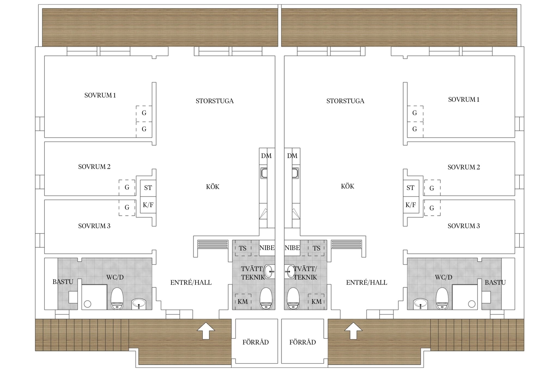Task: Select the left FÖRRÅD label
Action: coord(256,342)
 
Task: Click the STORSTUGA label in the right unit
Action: coord(345,101)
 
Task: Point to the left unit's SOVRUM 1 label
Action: coord(100,95)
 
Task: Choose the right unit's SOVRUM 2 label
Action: coord(464,167)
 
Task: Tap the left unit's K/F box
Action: coord(148,205)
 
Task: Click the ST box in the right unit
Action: coord(411,188)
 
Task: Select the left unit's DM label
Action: coord(266,156)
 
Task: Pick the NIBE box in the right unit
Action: coord(292,248)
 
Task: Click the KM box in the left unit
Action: coord(243,302)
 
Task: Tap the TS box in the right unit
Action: coord(316,248)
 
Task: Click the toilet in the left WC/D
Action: coord(117,299)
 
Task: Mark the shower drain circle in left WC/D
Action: coord(87,304)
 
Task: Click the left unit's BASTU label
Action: coord(63,282)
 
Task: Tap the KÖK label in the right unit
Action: coord(348,186)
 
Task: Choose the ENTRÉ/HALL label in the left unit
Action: coord(191,283)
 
